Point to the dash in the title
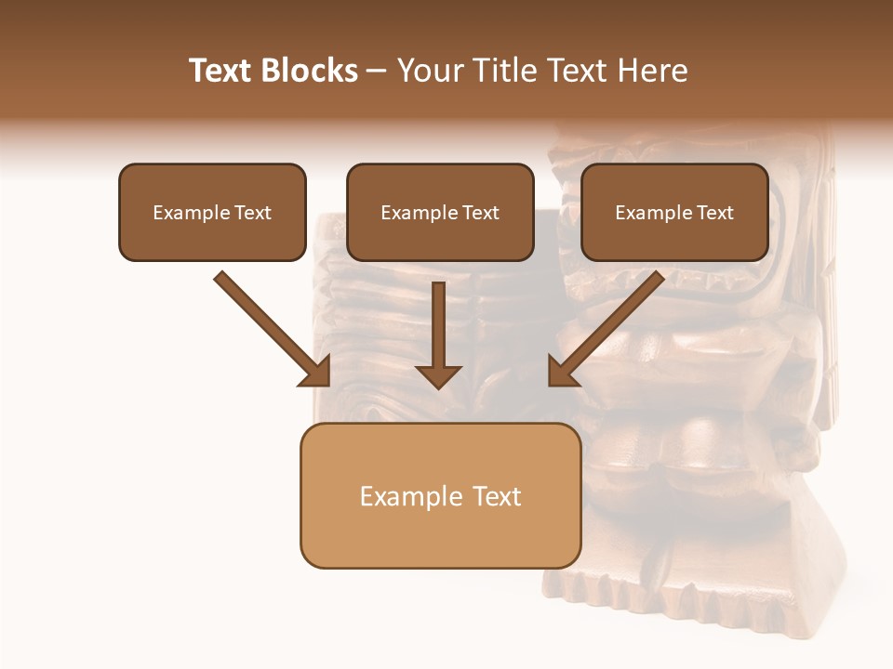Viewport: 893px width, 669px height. click(377, 72)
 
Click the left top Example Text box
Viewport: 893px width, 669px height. click(212, 212)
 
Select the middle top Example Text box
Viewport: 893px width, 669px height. click(440, 212)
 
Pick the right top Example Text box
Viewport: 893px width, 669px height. click(674, 212)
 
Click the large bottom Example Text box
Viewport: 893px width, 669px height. click(440, 495)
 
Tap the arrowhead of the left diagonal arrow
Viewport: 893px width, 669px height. click(315, 372)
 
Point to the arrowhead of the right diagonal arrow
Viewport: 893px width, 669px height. click(562, 372)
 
